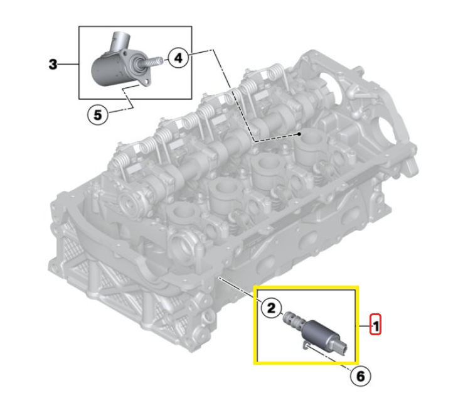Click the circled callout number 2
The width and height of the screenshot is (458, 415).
272,308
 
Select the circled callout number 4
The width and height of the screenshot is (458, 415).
178,58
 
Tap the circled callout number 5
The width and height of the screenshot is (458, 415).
98,114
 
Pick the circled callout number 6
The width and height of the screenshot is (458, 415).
361,376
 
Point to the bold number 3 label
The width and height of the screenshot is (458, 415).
53,64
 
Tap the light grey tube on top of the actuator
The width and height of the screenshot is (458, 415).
119,40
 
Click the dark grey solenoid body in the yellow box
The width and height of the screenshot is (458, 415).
318,332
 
